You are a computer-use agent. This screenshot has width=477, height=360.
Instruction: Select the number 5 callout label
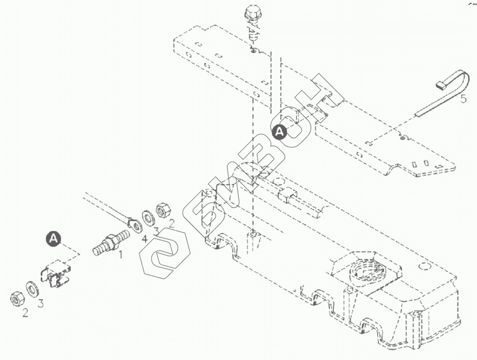[463, 98]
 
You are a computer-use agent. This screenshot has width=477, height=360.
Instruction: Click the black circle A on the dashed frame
[279, 132]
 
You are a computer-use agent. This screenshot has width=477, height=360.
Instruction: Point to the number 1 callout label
[120, 255]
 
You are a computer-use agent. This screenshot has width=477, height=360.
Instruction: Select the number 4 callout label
[145, 238]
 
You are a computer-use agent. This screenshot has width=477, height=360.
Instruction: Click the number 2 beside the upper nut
[171, 224]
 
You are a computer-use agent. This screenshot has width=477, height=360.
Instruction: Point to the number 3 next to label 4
[157, 231]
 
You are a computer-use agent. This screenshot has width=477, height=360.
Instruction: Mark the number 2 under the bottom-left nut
[24, 313]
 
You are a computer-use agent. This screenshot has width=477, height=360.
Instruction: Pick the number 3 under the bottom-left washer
[41, 304]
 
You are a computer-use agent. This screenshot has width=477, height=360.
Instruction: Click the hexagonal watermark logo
[163, 254]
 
